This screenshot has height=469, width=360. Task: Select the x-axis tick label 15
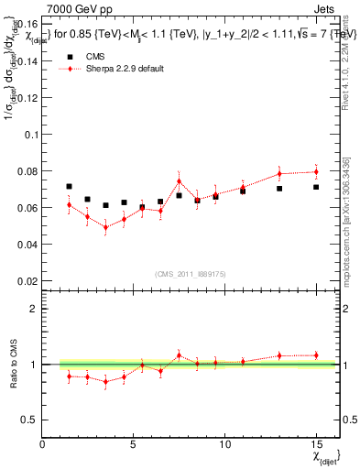click(315, 444)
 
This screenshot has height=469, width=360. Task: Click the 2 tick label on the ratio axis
click(35, 309)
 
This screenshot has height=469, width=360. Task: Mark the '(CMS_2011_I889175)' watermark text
click(191, 272)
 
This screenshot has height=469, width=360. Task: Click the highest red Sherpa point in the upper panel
click(316, 171)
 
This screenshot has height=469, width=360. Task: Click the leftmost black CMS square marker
click(69, 186)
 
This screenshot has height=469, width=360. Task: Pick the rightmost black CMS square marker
click(316, 187)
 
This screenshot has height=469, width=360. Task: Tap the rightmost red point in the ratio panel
click(316, 355)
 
